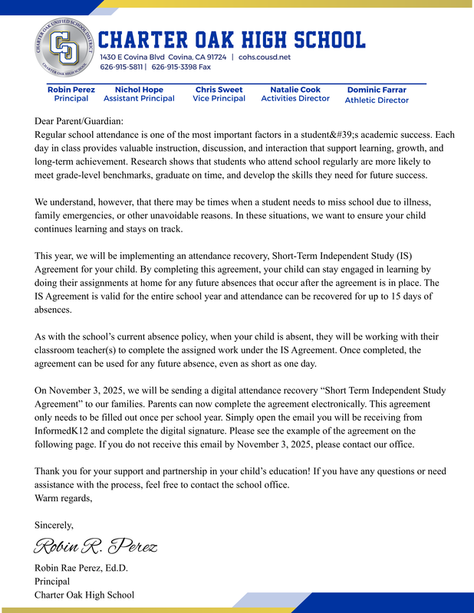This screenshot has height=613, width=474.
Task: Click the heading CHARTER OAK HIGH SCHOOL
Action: [x=232, y=39]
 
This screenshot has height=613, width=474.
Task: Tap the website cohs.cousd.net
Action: [x=265, y=57]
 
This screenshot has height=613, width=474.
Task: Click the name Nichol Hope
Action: [x=139, y=90]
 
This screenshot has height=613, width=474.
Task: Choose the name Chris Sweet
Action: [x=219, y=90]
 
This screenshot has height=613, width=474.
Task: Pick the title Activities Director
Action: [x=295, y=98]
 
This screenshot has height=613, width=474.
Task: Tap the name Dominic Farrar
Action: [x=377, y=90]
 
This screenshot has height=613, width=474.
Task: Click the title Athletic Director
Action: [x=377, y=100]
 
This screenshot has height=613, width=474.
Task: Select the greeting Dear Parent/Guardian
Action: [x=78, y=120]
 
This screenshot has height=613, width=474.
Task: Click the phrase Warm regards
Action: [x=63, y=498]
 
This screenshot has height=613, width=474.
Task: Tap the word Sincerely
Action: [x=54, y=525]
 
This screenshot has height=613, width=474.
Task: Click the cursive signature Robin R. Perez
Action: [x=95, y=546]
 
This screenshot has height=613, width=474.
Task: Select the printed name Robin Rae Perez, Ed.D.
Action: [x=81, y=568]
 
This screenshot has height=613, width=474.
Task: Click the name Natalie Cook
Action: [x=295, y=90]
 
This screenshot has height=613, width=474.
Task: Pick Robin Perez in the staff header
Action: [x=71, y=90]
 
